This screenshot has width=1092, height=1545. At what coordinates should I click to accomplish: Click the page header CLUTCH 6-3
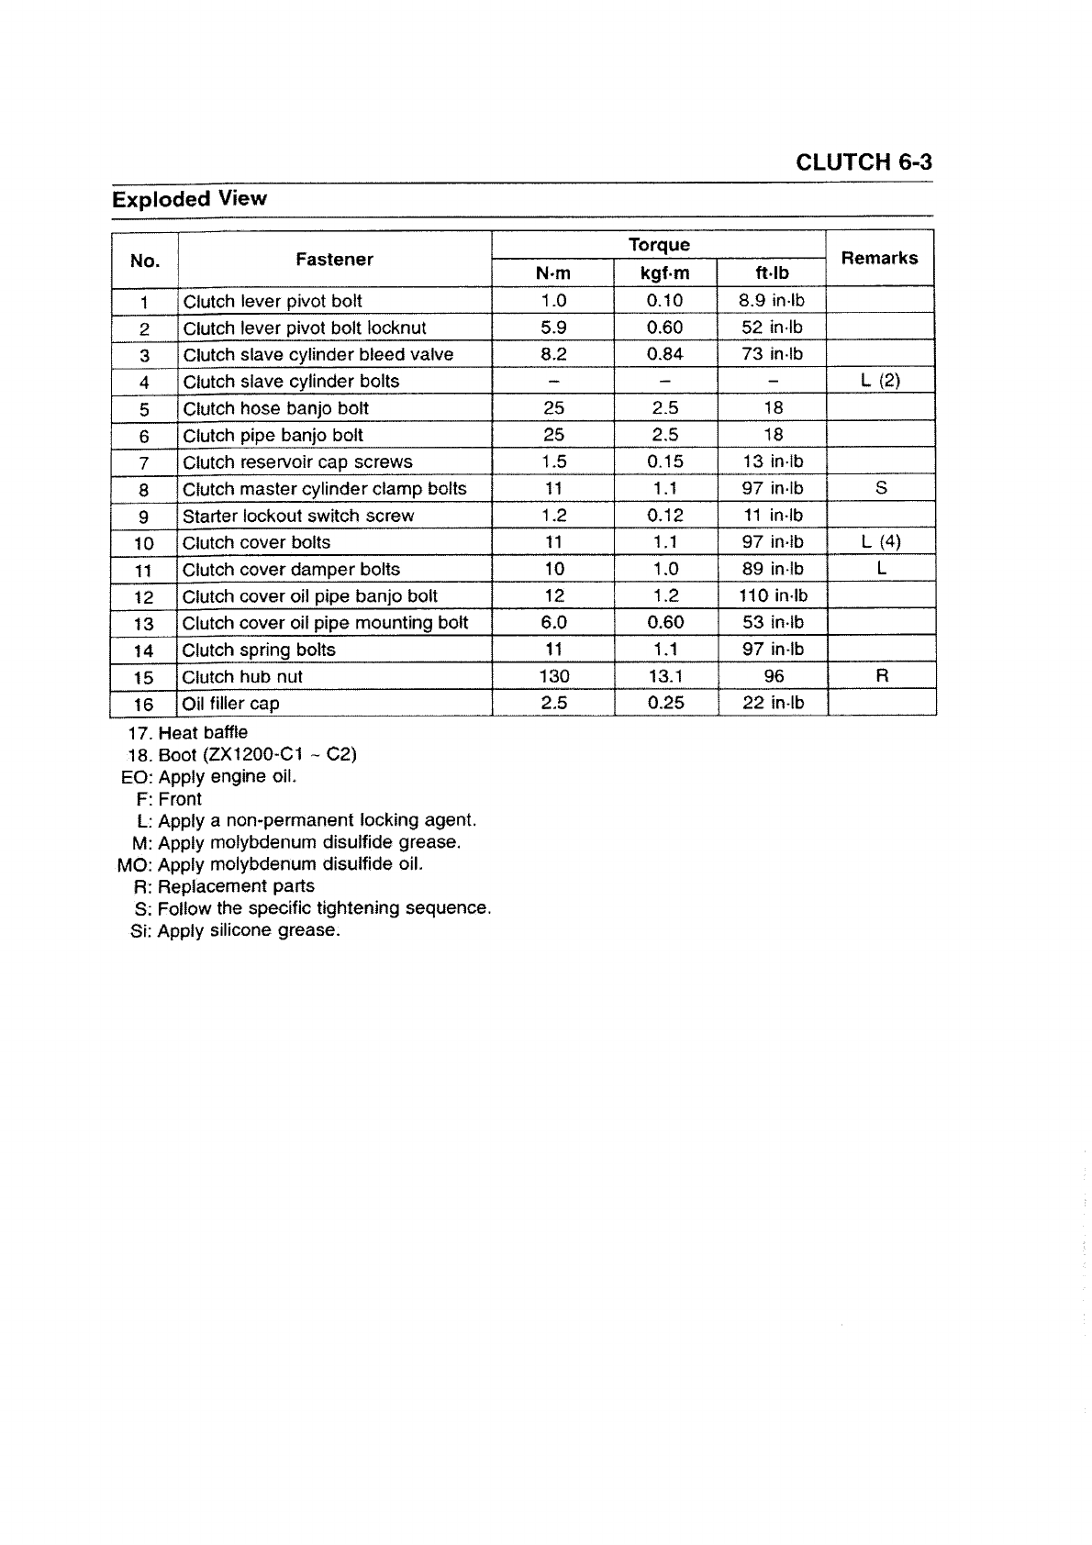coord(864,162)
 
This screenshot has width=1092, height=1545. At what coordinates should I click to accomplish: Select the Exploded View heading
coord(189,199)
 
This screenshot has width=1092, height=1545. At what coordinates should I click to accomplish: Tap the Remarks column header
coord(879,258)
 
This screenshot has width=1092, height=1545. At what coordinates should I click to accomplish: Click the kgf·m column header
coord(664,273)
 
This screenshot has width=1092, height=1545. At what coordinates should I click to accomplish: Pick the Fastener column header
coord(334,260)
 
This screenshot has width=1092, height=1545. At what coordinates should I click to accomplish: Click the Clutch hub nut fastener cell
coord(242,677)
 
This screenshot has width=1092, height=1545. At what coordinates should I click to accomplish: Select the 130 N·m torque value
coord(553,676)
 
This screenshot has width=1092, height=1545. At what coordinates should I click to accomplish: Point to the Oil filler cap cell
coord(230,704)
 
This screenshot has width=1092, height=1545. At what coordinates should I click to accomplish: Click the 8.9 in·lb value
coord(771,301)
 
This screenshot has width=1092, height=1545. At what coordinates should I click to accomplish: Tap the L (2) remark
coord(881,381)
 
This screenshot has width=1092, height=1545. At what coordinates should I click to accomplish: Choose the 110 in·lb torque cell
coord(773,595)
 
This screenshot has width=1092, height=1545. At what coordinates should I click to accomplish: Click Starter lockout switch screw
coord(297,516)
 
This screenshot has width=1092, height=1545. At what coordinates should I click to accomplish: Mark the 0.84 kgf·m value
coord(664,354)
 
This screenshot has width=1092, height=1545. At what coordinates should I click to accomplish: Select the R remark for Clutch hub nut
coord(881,676)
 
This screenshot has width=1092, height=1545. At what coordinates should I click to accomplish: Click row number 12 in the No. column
coord(143,596)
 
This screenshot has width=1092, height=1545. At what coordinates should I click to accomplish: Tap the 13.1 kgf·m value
coord(664,676)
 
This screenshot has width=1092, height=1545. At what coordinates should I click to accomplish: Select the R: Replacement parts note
coord(224,886)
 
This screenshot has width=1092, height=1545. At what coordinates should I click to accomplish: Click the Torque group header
coord(658,244)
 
